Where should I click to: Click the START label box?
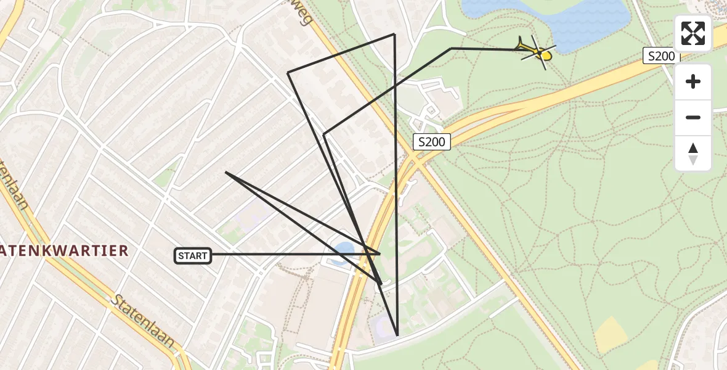[x=193, y=255]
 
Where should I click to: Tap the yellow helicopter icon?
[x=537, y=51]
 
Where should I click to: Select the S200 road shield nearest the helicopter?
[x=660, y=56]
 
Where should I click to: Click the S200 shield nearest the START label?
[x=431, y=142]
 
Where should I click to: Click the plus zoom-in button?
[x=693, y=81]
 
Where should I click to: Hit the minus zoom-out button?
[x=693, y=117]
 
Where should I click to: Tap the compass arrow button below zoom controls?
[x=693, y=153]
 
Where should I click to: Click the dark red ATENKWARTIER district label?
[x=64, y=250]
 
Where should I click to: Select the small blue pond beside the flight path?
[x=343, y=252]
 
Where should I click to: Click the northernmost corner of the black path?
[x=394, y=34]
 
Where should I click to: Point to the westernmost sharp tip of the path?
[x=226, y=173]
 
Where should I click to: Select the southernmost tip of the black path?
[x=397, y=335]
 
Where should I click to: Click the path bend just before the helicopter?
[x=452, y=48]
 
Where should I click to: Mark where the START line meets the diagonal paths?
[x=380, y=253]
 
